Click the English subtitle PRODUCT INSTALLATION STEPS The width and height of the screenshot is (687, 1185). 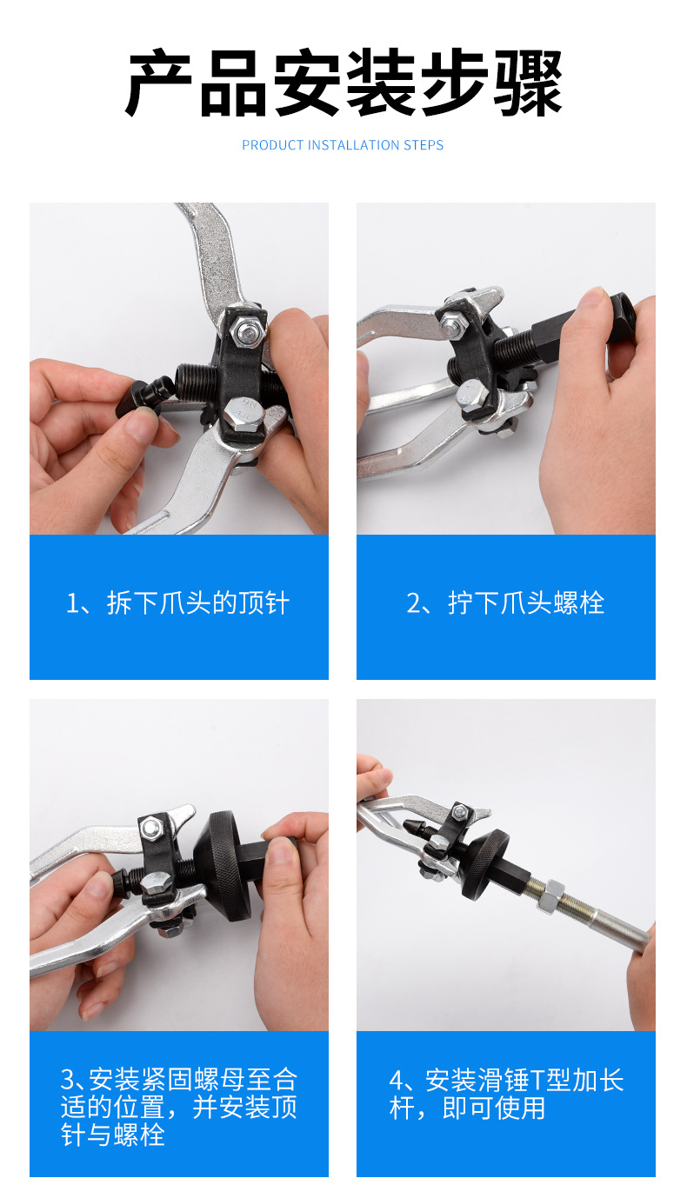pyautogui.click(x=343, y=145)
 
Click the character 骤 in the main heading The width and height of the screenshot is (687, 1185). pyautogui.click(x=528, y=83)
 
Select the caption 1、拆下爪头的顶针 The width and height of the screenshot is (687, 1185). pyautogui.click(x=177, y=602)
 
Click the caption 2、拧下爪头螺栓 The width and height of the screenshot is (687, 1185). pyautogui.click(x=505, y=602)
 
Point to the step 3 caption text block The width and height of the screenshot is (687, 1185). pyautogui.click(x=179, y=1107)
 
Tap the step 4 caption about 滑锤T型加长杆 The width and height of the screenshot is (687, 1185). pyautogui.click(x=506, y=1094)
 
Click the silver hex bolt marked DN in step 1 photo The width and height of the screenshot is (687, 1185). pyautogui.click(x=244, y=413)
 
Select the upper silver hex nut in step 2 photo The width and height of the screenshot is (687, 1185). pyautogui.click(x=451, y=325)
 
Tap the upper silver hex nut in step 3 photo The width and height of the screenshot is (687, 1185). pyautogui.click(x=152, y=829)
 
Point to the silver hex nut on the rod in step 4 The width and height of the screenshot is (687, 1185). pyautogui.click(x=551, y=895)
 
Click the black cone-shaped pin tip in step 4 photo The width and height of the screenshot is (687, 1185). pyautogui.click(x=417, y=829)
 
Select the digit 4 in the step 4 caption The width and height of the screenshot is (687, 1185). pyautogui.click(x=397, y=1081)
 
